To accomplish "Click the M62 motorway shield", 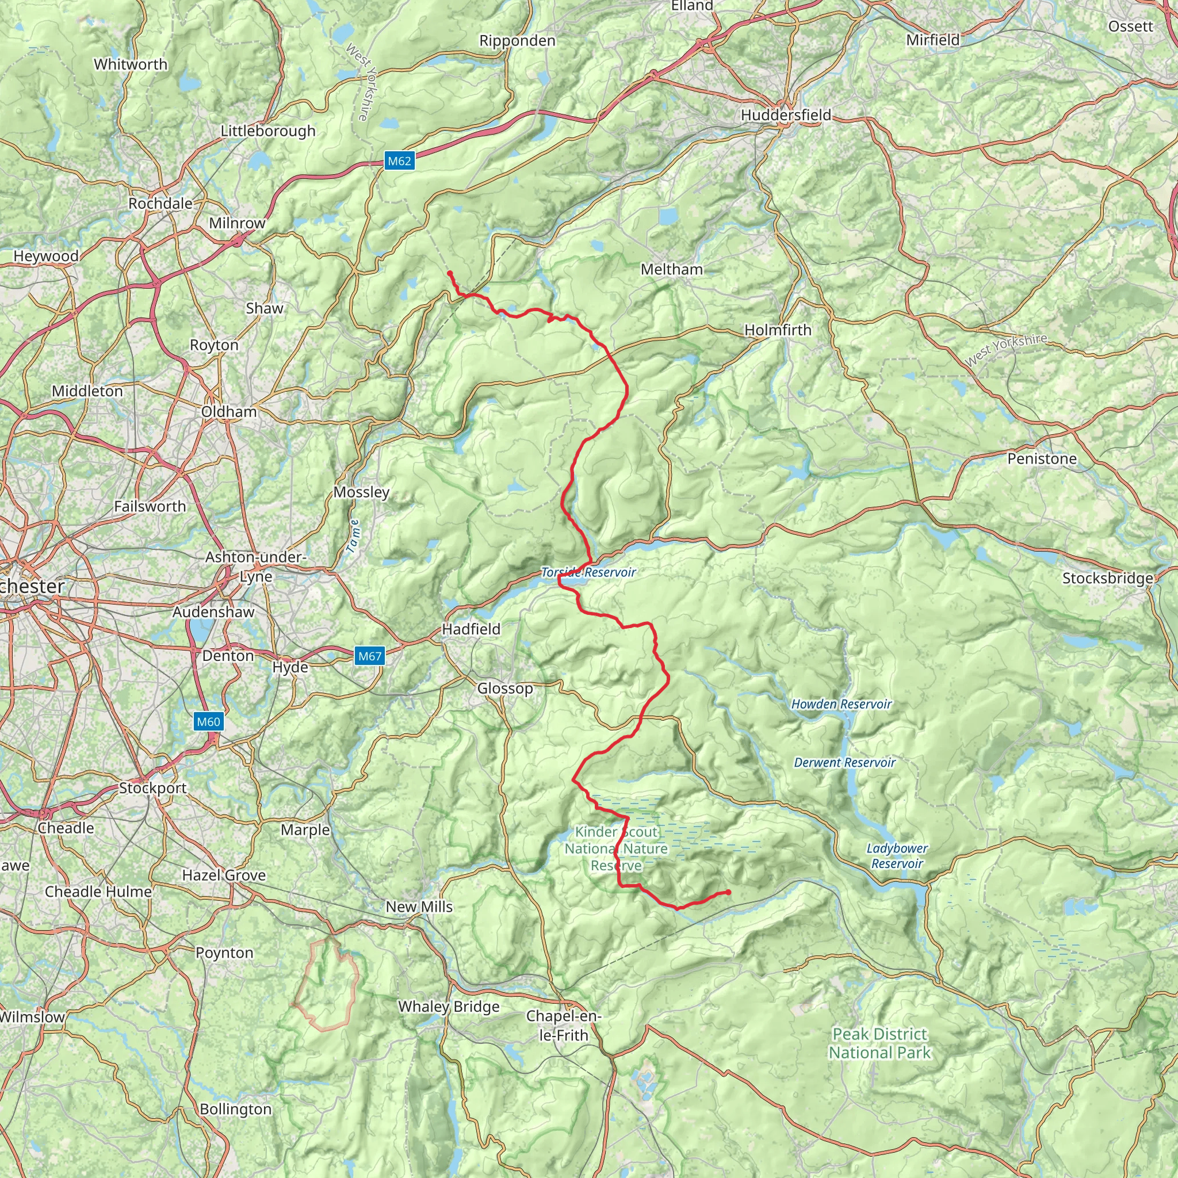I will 399,161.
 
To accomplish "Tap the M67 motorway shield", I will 369,656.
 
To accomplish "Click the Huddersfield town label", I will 786,114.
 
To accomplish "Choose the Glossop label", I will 505,689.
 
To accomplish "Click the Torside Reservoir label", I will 588,572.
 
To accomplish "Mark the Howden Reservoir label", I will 842,704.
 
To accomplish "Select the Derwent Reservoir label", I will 844,763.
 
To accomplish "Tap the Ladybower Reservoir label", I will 897,856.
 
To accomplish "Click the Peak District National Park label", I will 880,1043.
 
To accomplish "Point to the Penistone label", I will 1042,458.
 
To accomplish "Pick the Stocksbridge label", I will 1108,578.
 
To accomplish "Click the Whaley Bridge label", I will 449,1007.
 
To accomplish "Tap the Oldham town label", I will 230,412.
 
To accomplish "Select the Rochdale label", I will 160,203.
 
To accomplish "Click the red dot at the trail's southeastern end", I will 728,893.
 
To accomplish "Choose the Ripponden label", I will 517,41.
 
